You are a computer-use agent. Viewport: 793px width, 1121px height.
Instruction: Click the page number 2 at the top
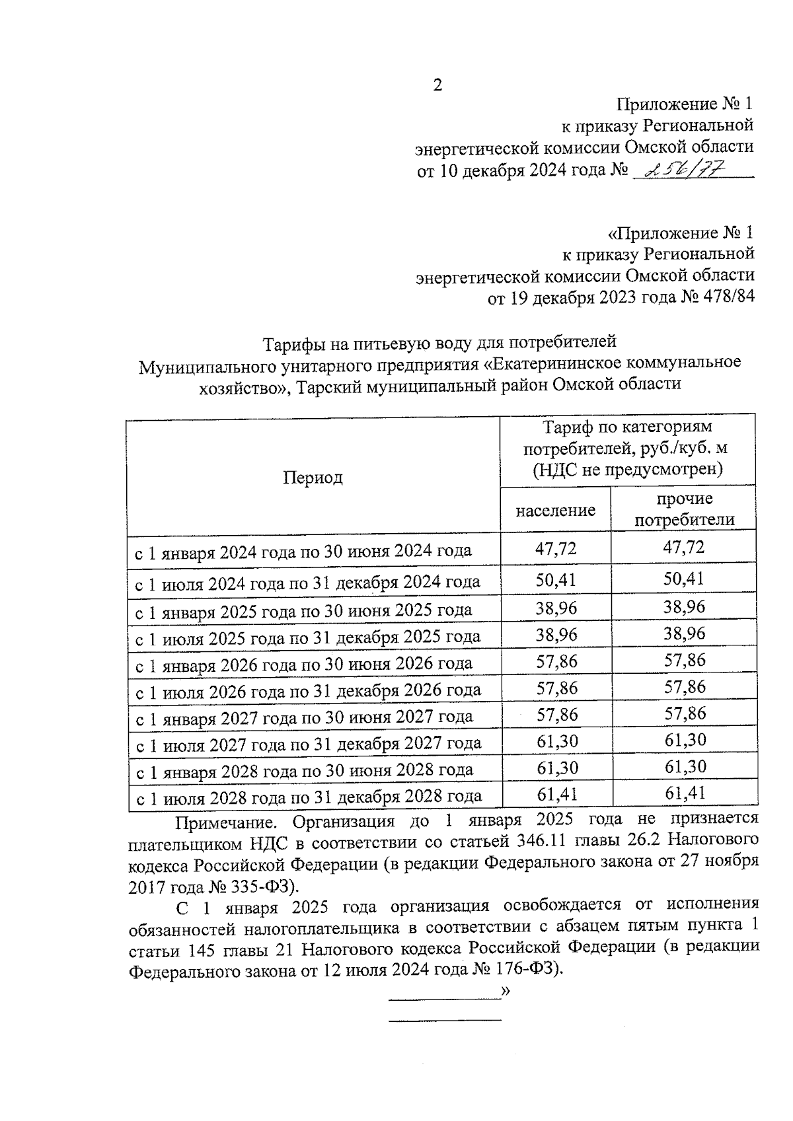point(437,85)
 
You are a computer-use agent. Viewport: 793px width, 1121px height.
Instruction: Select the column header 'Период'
point(313,478)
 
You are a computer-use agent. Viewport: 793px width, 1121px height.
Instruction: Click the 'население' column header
point(555,510)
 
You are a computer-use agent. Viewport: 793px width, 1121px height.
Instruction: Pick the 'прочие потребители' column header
point(685,509)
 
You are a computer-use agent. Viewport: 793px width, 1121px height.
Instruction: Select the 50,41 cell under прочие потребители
point(685,579)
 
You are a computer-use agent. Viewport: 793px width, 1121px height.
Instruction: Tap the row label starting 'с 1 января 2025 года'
point(303,609)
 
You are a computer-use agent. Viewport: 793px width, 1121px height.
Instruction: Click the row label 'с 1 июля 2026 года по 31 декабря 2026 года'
point(308,691)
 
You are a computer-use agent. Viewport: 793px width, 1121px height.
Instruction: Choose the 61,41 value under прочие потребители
point(685,793)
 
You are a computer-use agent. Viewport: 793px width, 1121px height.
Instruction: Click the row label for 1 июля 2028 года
point(309,797)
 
